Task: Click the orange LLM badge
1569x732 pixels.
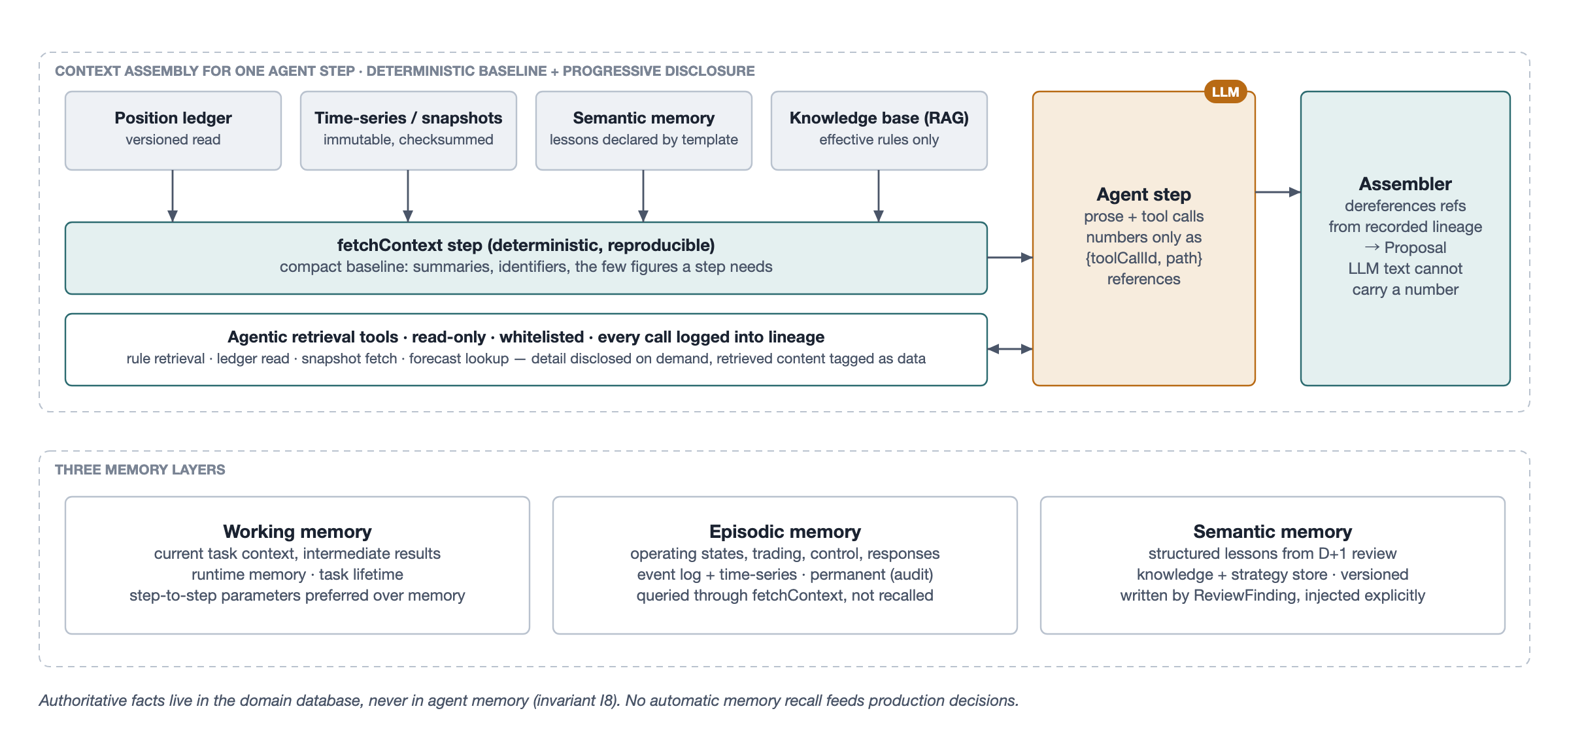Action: pos(1226,92)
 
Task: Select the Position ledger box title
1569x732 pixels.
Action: pos(173,118)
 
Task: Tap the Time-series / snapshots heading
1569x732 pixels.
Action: pos(409,118)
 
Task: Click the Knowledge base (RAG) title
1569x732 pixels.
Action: pos(879,118)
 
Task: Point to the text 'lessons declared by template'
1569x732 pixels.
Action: pos(644,140)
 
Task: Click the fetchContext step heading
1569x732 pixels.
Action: pos(526,245)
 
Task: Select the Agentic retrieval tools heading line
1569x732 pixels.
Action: pos(526,337)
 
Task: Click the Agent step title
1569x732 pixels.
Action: pos(1144,195)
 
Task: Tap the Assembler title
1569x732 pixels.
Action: pos(1406,184)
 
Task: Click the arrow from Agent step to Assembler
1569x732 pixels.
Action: pos(1278,192)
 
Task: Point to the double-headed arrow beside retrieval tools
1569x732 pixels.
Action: pos(1010,349)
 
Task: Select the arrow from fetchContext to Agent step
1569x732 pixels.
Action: pos(1010,258)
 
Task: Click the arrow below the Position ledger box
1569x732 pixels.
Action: pos(173,196)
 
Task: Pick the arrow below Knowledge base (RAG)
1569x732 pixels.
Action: pos(879,196)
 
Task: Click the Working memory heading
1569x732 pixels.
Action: pos(297,531)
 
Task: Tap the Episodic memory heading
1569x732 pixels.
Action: pos(785,531)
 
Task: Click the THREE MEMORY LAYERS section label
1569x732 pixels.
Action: pos(140,470)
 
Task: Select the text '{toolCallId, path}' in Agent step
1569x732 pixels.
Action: pos(1144,258)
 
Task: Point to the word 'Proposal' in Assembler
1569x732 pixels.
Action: pos(1415,248)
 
